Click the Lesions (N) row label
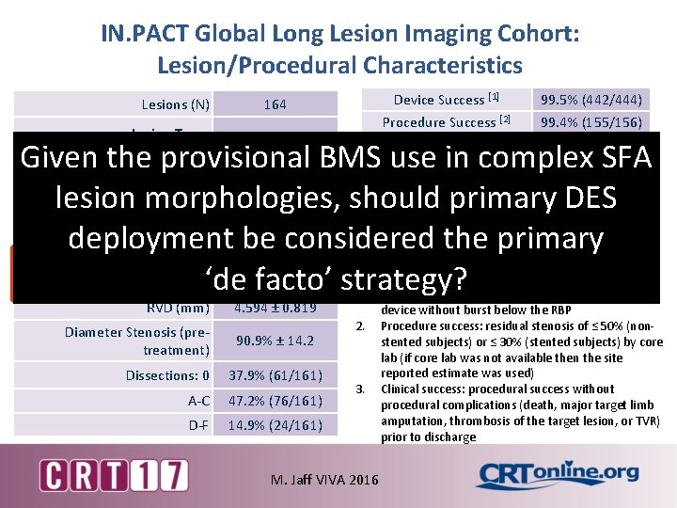point(175,104)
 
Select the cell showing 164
point(275,104)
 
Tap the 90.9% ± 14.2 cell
point(275,341)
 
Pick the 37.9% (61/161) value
point(275,376)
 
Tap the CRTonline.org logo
point(557,473)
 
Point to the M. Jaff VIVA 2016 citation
point(325,480)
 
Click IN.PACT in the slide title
point(147,35)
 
